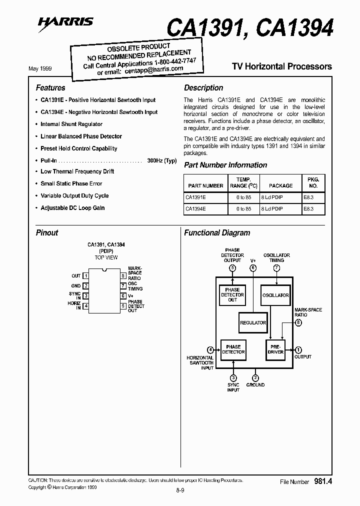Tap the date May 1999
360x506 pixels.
pyautogui.click(x=40, y=68)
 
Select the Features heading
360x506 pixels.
pyautogui.click(x=50, y=88)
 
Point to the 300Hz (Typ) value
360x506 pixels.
pyautogui.click(x=162, y=160)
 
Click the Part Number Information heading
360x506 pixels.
pyautogui.click(x=225, y=165)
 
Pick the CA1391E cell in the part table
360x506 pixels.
pyautogui.click(x=195, y=197)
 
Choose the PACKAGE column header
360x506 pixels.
pyautogui.click(x=280, y=185)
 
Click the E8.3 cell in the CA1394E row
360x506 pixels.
pyautogui.click(x=308, y=209)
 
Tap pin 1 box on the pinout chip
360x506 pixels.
pyautogui.click(x=86, y=275)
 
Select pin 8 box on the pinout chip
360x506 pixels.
pyautogui.click(x=122, y=275)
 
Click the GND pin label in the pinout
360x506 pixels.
pyautogui.click(x=75, y=286)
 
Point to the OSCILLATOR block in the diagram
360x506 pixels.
pyautogui.click(x=275, y=295)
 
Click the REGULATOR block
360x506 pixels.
pyautogui.click(x=252, y=323)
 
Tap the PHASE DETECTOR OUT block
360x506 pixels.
pyautogui.click(x=232, y=295)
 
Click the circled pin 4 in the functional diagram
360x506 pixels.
pyautogui.click(x=210, y=349)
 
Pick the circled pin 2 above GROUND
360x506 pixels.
pyautogui.click(x=255, y=377)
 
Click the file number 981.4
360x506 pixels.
pyautogui.click(x=323, y=481)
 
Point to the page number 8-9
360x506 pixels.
pyautogui.click(x=180, y=490)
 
